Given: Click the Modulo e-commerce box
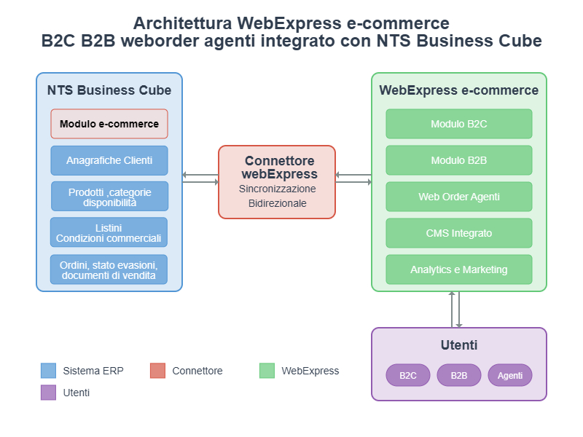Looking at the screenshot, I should click(109, 124).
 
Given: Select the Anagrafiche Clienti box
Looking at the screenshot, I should click(109, 160).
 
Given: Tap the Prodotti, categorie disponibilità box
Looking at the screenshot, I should click(109, 197).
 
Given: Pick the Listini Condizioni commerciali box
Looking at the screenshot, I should click(109, 232).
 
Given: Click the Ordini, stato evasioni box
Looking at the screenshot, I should click(109, 269).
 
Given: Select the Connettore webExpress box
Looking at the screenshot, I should click(277, 182).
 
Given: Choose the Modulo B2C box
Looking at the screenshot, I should click(459, 124).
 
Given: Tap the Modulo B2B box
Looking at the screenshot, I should click(459, 160).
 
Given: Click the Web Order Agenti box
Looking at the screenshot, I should click(459, 197).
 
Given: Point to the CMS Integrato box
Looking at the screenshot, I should click(459, 233).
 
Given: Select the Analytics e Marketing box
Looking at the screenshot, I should click(459, 269).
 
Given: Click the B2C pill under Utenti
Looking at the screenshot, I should click(408, 375).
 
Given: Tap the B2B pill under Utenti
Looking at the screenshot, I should click(459, 375).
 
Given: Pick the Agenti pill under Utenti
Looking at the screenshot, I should click(510, 375).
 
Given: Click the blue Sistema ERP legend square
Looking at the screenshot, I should click(49, 371).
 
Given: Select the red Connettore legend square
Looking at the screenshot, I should click(158, 371).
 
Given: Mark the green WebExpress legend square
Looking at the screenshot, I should click(267, 371).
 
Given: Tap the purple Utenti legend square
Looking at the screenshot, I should click(49, 393).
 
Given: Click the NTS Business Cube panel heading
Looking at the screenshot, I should click(109, 90).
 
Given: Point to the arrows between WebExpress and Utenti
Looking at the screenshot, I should click(456, 310).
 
